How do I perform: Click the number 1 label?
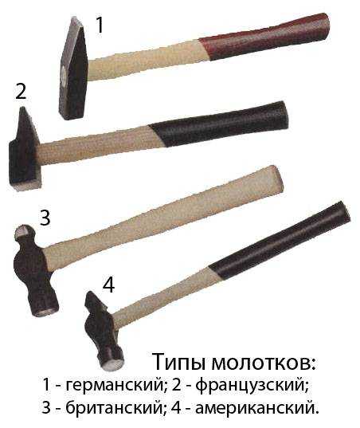coord(100,25)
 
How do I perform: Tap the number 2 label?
coord(21,91)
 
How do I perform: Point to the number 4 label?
coord(108,285)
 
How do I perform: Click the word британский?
coord(108,408)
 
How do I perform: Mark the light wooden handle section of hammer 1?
coord(143,60)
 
